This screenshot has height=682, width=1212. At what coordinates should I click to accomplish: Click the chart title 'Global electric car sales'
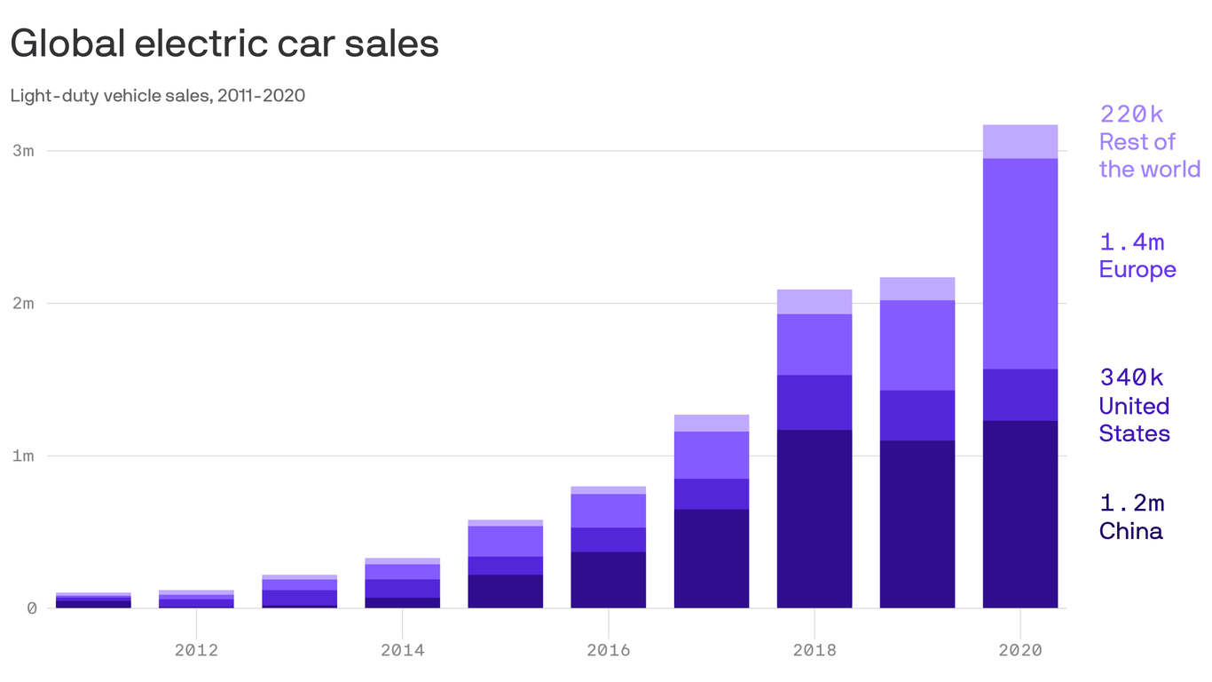224,44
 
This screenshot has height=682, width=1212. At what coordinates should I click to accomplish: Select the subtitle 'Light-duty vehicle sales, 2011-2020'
158,95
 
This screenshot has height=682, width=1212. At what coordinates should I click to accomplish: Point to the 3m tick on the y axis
24,151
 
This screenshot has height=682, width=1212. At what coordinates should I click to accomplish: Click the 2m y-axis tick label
24,304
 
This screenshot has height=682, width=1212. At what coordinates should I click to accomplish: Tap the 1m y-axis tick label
24,456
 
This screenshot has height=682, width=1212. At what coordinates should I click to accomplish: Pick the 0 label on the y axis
31,609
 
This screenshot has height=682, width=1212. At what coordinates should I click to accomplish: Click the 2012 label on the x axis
196,650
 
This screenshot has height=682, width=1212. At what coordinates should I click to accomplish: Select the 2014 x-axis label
402,650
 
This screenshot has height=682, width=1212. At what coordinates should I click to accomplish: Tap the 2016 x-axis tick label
609,650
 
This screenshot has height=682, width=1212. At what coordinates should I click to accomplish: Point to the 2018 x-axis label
815,650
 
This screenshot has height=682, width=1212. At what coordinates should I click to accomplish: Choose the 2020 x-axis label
1020,650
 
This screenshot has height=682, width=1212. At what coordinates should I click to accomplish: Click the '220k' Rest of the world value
1131,114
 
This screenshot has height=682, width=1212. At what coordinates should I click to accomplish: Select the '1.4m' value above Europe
1131,242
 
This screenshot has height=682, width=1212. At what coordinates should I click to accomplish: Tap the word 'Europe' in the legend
1137,270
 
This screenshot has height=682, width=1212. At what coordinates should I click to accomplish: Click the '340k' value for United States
1131,377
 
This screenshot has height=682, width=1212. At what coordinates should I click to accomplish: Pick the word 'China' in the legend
1130,531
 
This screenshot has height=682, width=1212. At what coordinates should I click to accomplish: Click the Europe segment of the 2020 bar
1020,264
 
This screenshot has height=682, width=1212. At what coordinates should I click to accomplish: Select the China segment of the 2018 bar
815,519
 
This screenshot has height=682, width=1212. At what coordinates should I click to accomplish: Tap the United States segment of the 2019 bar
917,416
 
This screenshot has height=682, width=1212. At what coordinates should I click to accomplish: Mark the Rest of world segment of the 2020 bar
1020,142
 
